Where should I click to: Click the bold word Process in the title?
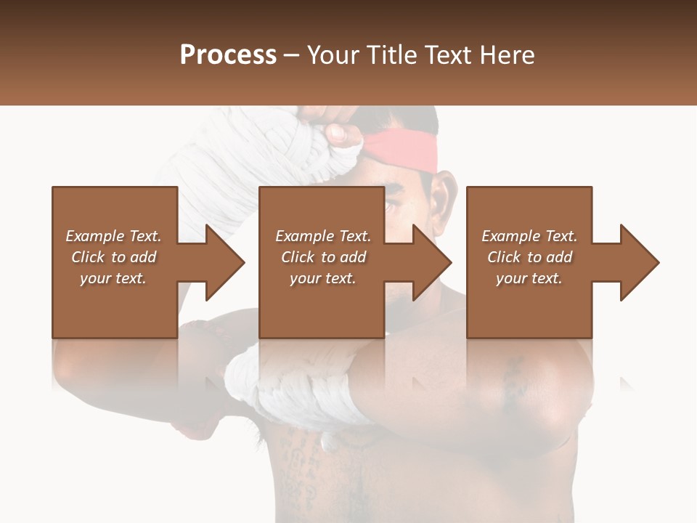click(x=228, y=54)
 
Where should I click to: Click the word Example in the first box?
click(x=94, y=236)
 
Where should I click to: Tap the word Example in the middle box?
click(x=304, y=236)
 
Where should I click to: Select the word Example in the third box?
click(x=510, y=236)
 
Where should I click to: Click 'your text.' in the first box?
click(x=113, y=278)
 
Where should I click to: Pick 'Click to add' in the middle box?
click(x=323, y=257)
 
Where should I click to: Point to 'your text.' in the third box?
click(x=529, y=278)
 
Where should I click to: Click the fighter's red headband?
click(x=407, y=153)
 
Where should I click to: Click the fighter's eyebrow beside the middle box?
click(x=396, y=190)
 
